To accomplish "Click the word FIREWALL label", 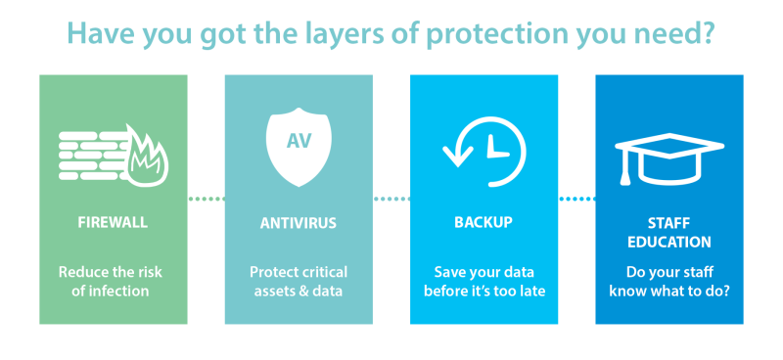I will (113, 222).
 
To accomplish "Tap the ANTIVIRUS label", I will (298, 223).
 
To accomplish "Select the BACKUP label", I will (484, 222).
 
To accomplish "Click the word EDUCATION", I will (669, 242).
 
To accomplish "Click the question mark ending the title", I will (711, 33).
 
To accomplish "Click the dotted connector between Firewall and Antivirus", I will (206, 200).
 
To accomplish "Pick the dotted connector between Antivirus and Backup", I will (391, 200).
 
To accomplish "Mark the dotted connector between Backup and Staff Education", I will (576, 200).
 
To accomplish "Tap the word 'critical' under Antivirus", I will (321, 272).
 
